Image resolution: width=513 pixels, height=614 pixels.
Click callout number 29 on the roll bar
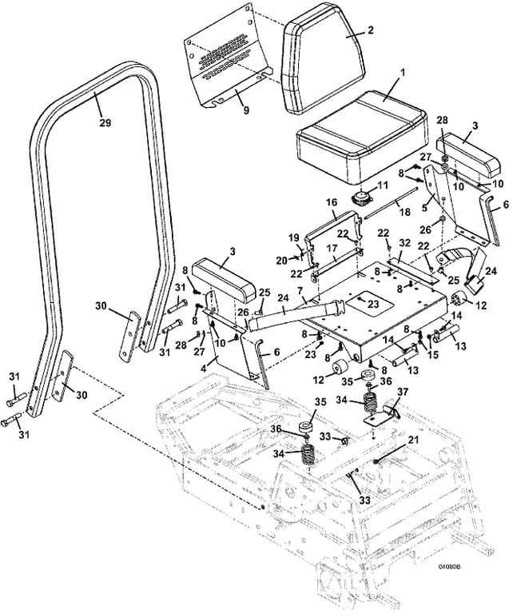pyautogui.click(x=105, y=123)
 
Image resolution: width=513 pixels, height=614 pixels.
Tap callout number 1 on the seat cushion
pyautogui.click(x=403, y=73)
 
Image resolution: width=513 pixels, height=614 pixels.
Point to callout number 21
pyautogui.click(x=413, y=439)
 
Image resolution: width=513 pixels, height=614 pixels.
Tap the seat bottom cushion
pyautogui.click(x=360, y=144)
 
